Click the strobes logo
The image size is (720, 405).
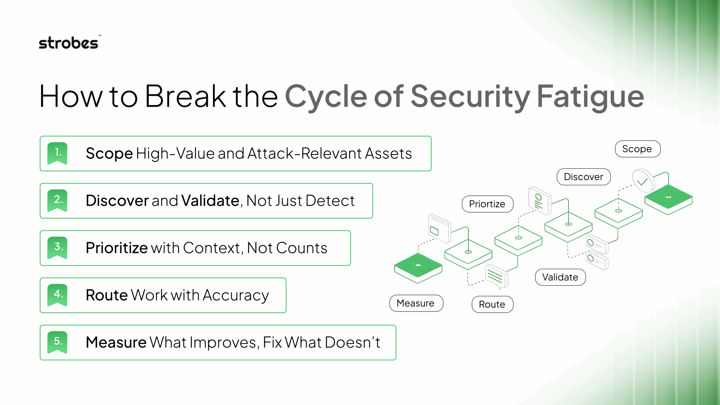click(x=69, y=43)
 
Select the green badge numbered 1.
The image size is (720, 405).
click(x=57, y=153)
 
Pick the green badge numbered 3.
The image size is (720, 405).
click(x=57, y=247)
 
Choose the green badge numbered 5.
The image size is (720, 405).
click(x=57, y=342)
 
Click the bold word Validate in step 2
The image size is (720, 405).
click(x=210, y=201)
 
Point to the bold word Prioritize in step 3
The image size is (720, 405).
click(x=116, y=248)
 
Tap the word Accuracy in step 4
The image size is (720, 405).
click(x=236, y=296)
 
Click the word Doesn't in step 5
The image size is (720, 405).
click(x=353, y=342)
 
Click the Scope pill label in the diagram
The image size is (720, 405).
click(x=637, y=149)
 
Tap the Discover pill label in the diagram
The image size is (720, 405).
click(x=583, y=177)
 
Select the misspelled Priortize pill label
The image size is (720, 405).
click(x=487, y=204)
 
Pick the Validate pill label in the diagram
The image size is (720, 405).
click(x=560, y=277)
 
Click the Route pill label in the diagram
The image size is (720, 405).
click(x=492, y=304)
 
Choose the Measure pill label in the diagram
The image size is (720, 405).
click(x=416, y=303)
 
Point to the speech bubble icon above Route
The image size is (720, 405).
click(x=496, y=276)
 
